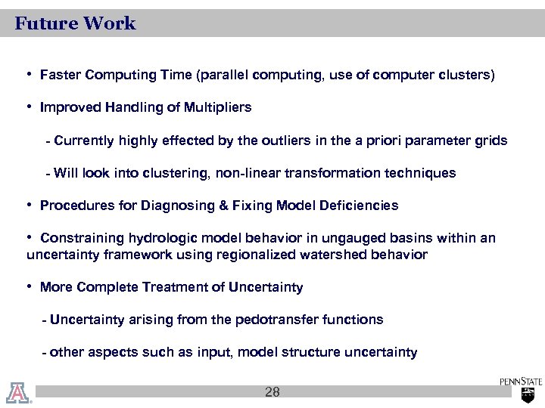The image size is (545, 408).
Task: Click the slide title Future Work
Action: point(75,23)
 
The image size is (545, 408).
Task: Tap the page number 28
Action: point(272,392)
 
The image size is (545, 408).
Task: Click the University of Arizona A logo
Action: point(17,392)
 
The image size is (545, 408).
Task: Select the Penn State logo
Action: point(521,389)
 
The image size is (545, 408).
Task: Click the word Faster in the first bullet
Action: point(61,76)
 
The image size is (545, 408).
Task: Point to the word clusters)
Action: point(471,76)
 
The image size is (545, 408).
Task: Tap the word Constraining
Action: point(78,238)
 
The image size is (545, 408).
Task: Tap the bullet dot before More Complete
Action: point(29,286)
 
